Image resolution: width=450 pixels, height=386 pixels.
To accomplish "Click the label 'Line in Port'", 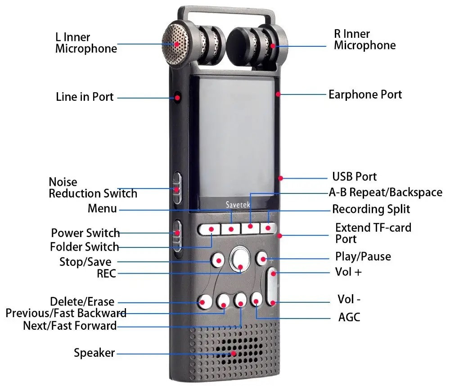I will (85, 97).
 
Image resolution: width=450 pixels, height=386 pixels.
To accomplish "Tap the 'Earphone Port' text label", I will (365, 94).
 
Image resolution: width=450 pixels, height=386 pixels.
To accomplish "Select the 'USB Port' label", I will (354, 176).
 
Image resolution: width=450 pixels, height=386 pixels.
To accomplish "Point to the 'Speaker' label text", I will (94, 353).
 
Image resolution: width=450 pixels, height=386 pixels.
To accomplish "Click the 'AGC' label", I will (349, 317).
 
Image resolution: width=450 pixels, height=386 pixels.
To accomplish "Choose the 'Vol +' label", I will (348, 272).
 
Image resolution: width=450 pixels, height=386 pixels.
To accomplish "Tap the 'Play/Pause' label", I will (363, 256).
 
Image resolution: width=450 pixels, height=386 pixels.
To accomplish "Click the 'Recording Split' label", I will (371, 209).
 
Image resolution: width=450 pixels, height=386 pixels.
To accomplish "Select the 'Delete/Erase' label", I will (82, 302).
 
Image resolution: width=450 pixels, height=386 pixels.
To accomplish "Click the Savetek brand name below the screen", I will (238, 205).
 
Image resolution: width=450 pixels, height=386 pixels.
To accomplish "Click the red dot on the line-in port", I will (177, 97).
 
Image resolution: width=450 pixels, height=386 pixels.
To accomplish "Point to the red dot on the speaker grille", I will (233, 353).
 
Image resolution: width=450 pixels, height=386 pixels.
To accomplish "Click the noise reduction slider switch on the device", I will (177, 187).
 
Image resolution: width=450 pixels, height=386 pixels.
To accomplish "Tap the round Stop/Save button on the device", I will (218, 260).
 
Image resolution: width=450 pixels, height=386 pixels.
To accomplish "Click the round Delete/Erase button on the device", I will (205, 301).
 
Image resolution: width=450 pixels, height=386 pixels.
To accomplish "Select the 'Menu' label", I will (102, 209).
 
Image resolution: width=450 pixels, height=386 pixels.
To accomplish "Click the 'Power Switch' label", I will (85, 233).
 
